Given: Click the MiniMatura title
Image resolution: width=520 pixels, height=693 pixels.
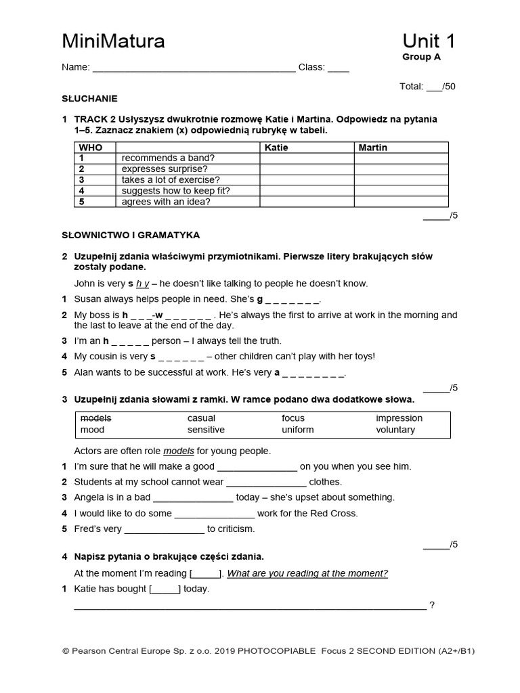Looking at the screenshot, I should [x=113, y=42].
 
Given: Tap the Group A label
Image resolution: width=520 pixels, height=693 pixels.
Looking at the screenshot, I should [x=421, y=58].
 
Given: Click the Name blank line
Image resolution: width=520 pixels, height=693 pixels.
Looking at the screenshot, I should [x=194, y=68].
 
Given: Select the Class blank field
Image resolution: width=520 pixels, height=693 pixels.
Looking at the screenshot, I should [x=339, y=68].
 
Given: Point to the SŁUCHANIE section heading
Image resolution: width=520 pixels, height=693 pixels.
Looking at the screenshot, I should [x=89, y=98].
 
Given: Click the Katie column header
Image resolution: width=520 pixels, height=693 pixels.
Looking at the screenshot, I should [x=276, y=148].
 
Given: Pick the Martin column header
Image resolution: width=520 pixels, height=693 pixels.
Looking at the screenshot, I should [x=373, y=148].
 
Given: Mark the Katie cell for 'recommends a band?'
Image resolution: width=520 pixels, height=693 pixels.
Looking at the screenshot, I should [x=307, y=158].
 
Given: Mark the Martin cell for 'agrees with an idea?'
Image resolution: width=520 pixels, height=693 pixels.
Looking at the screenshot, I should [x=401, y=202].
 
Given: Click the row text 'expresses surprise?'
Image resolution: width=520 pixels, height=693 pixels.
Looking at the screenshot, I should [x=165, y=169].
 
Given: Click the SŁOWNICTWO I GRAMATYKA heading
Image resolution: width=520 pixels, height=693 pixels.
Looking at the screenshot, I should [x=131, y=236].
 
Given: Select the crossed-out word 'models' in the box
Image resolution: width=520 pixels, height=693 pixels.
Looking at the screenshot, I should [x=95, y=418].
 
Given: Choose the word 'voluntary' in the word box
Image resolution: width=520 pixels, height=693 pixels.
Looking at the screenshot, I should [x=395, y=430].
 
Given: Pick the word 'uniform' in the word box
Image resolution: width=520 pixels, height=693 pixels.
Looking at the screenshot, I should [x=298, y=430].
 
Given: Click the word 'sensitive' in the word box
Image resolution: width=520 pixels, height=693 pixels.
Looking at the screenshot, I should [x=206, y=430].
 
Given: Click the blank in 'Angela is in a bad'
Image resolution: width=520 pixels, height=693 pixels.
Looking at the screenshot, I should [x=193, y=498].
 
